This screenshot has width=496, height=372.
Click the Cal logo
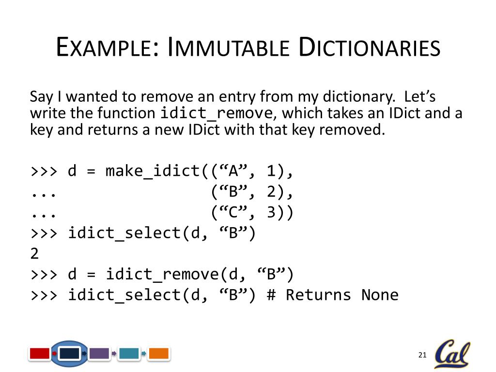coord(451,354)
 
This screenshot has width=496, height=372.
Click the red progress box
coord(40,354)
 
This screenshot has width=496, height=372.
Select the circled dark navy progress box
coord(69,354)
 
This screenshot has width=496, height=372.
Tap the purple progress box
coord(99,354)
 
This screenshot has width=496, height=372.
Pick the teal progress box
coord(129,354)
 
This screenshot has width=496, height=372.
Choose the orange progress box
coord(158,354)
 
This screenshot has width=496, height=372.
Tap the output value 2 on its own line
coord(34,254)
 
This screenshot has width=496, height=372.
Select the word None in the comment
coord(380,295)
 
